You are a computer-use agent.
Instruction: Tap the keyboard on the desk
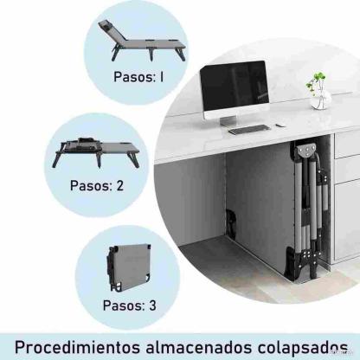tap(248, 130)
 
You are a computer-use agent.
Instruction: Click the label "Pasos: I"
tap(138, 75)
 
